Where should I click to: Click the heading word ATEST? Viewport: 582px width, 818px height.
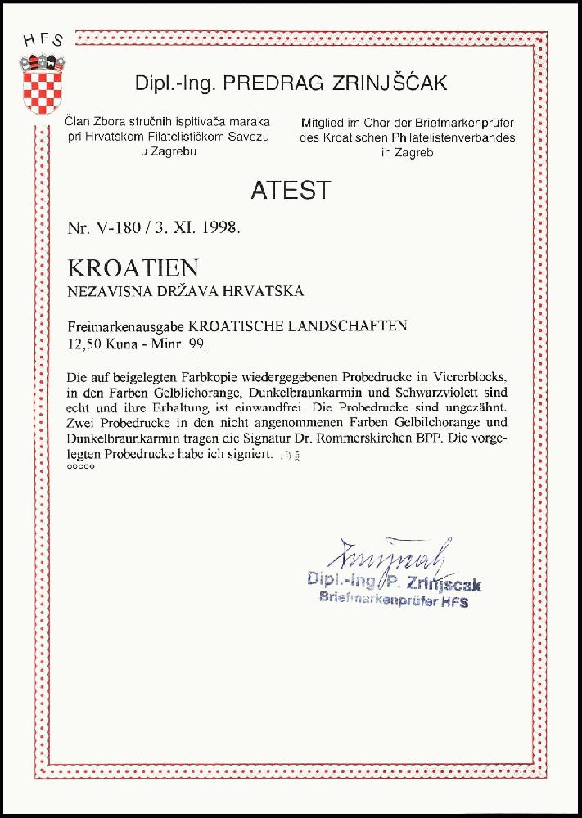click(x=291, y=190)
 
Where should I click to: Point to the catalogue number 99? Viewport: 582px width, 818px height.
click(x=196, y=344)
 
